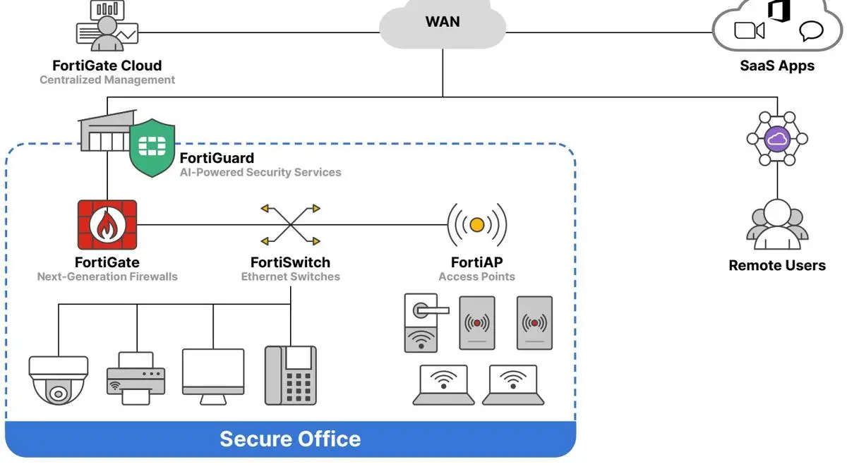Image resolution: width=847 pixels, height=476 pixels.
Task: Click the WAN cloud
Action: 443,27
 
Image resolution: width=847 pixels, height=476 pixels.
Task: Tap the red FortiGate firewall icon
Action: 107,225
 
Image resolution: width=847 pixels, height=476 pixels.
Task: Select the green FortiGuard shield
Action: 152,147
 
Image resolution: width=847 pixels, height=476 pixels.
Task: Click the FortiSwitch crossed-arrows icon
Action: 290,225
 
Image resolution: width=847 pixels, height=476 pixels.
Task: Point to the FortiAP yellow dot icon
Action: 477,225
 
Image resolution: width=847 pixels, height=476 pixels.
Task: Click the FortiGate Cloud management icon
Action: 107,27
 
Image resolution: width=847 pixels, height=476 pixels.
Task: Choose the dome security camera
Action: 59,381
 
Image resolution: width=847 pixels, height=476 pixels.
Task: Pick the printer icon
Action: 136,379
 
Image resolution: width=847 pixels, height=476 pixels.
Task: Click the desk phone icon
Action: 290,374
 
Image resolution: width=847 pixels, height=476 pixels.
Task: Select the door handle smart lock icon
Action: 421,322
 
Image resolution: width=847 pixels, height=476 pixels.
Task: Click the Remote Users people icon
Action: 776,226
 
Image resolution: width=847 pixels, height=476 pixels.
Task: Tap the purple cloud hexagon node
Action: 776,139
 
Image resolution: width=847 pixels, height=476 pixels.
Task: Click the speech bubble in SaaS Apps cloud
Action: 811,31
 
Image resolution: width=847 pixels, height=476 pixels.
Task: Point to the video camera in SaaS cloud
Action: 750,30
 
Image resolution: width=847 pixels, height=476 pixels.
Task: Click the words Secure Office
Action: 290,439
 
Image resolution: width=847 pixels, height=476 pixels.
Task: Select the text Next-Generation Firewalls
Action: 107,277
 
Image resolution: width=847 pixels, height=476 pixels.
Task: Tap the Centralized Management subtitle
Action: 107,80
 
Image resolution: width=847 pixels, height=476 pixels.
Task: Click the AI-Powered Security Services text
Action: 260,172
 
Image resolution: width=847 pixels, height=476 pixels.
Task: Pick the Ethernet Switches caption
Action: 290,277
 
